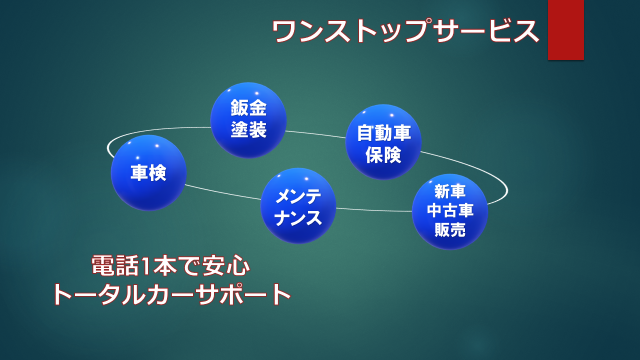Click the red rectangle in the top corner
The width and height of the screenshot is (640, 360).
(565, 29)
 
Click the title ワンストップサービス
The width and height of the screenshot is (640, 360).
(406, 31)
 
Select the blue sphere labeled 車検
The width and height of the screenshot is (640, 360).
(148, 172)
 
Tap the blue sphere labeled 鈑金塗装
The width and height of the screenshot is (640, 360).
(248, 120)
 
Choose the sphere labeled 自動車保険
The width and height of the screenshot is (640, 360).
(383, 141)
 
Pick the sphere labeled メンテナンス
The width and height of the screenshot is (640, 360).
(298, 205)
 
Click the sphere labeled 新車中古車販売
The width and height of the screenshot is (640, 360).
(449, 211)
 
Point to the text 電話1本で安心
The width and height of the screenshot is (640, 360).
(170, 266)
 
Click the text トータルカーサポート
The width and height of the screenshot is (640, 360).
(170, 295)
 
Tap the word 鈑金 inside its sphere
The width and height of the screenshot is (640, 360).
(248, 108)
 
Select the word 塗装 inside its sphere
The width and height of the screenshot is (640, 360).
(248, 130)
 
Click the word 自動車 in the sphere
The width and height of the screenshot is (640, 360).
(383, 131)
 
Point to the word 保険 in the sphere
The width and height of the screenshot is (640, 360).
(383, 154)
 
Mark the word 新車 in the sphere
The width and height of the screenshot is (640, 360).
(449, 191)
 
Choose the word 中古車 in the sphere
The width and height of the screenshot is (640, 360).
(449, 211)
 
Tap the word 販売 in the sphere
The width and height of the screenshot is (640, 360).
(449, 230)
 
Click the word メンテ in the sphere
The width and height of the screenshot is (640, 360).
(298, 194)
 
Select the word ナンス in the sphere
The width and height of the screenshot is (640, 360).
(298, 217)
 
